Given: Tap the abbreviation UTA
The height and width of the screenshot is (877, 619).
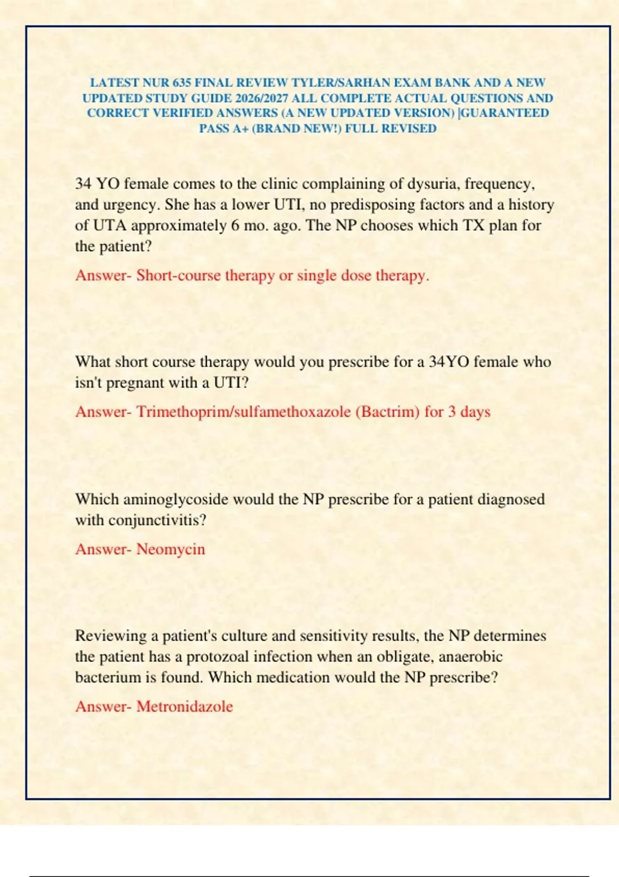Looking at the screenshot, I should [110, 226].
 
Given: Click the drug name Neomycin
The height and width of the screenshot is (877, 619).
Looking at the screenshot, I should [171, 549].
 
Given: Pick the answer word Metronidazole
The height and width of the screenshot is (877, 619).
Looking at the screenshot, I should [185, 706].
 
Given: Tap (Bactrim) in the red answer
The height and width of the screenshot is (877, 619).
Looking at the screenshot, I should [387, 412].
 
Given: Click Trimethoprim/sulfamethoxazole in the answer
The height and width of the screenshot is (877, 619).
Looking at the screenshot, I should [243, 412].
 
